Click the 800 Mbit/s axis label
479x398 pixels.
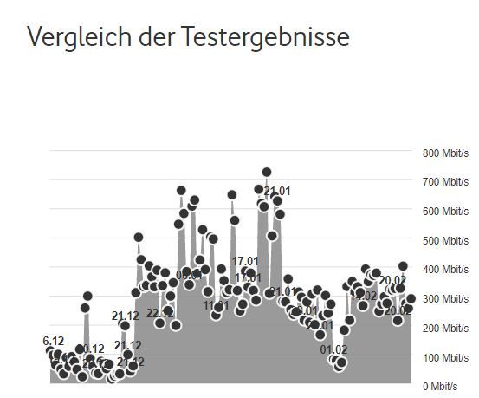pyautogui.click(x=445, y=153)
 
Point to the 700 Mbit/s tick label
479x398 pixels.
pyautogui.click(x=445, y=182)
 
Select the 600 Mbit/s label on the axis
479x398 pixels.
pyautogui.click(x=445, y=212)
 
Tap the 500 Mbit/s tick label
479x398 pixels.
pyautogui.click(x=445, y=240)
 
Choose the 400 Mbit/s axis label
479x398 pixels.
pyautogui.click(x=445, y=270)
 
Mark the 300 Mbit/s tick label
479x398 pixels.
pyautogui.click(x=445, y=299)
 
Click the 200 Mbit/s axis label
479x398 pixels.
pyautogui.click(x=445, y=328)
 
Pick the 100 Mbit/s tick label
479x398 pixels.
pyautogui.click(x=445, y=357)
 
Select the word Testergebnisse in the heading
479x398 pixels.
pyautogui.click(x=265, y=37)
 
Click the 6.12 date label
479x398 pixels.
pyautogui.click(x=54, y=342)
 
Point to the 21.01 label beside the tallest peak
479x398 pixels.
pyautogui.click(x=277, y=192)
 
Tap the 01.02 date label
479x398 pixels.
pyautogui.click(x=333, y=350)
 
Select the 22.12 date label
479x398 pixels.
pyautogui.click(x=159, y=313)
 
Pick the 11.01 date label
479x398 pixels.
pyautogui.click(x=217, y=305)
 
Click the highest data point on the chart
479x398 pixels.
pyautogui.click(x=267, y=173)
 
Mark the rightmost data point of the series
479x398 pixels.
pyautogui.click(x=411, y=298)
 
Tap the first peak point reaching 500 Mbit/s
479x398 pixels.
pyautogui.click(x=139, y=238)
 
